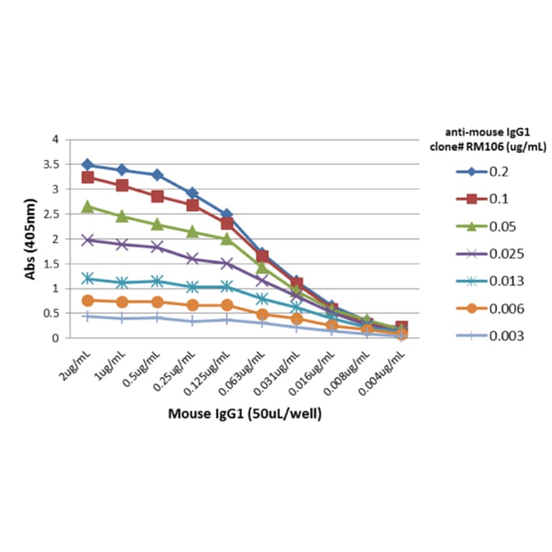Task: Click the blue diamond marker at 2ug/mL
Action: click(x=87, y=165)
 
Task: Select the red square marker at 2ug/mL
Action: click(x=87, y=177)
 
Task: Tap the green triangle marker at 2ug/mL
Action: click(x=87, y=207)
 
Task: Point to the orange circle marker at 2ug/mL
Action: click(x=87, y=301)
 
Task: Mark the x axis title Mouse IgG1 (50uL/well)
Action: click(x=245, y=414)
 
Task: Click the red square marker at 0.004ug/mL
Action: click(x=401, y=328)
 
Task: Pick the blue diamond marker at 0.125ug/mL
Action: click(x=227, y=215)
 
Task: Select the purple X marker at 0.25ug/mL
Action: click(x=192, y=259)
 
